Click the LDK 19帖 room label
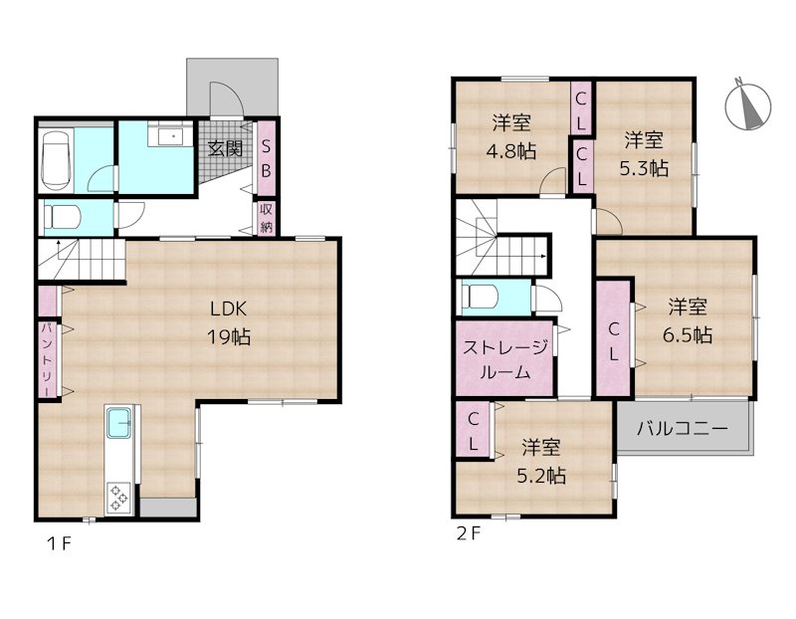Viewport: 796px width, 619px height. [229, 322]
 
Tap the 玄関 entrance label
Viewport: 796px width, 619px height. [225, 149]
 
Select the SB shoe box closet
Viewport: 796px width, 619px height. [266, 158]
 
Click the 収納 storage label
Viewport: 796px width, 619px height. [266, 218]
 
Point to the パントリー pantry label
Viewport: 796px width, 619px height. [46, 359]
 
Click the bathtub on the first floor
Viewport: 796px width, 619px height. [56, 160]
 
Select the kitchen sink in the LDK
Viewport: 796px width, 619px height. [118, 424]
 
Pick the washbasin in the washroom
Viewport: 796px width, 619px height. [170, 136]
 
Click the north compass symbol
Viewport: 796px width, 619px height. [748, 105]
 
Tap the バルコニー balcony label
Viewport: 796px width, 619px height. [682, 429]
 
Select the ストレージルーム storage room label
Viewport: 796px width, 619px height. [505, 360]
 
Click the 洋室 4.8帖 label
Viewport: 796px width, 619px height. [511, 137]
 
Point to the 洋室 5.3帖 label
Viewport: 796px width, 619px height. [643, 154]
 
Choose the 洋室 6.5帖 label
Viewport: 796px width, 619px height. [688, 320]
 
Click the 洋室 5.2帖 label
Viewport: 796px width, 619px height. [541, 462]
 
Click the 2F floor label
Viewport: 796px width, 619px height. [468, 533]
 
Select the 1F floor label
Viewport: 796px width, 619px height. [59, 543]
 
